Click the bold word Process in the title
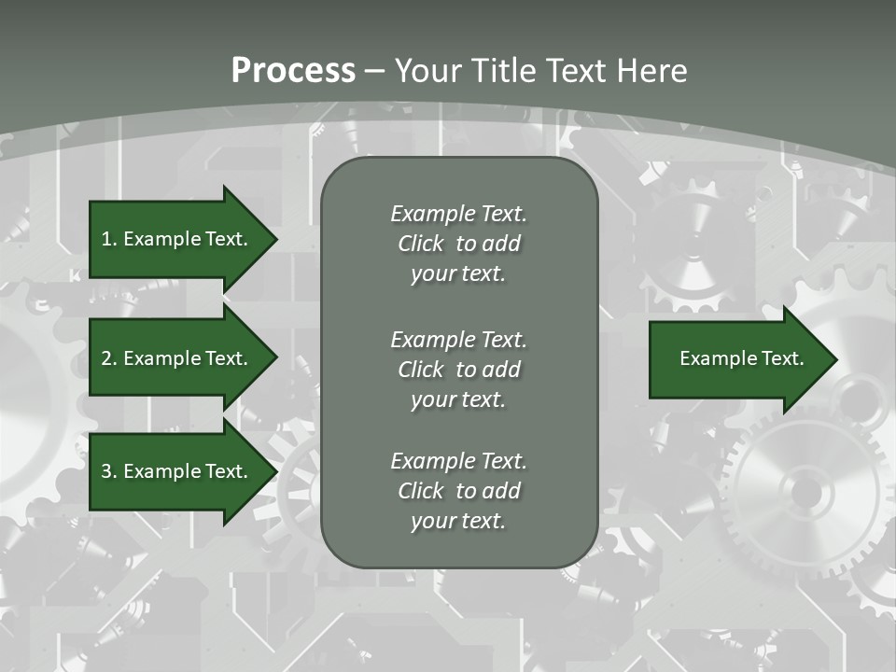tap(293, 71)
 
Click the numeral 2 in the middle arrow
tap(106, 358)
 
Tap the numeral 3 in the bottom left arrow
tap(106, 471)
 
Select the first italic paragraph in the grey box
tap(458, 244)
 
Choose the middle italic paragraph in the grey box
tap(458, 369)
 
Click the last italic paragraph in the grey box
tap(458, 491)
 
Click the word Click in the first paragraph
tap(420, 244)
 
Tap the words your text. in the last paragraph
tap(458, 521)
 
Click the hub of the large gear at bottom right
tap(805, 492)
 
